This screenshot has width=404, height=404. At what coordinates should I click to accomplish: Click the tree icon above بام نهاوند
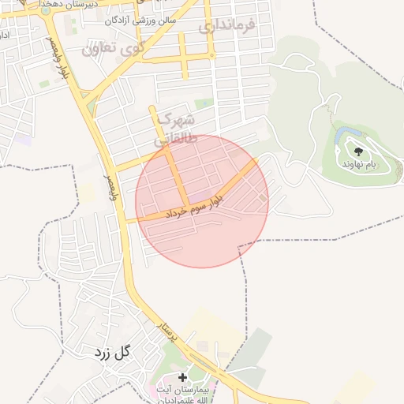[358, 151]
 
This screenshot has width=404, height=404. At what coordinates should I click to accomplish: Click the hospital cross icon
[183, 377]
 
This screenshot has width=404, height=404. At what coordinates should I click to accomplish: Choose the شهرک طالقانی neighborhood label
[172, 129]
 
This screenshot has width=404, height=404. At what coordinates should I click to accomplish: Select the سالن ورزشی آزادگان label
[144, 20]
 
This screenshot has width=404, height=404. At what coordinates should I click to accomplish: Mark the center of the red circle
[202, 201]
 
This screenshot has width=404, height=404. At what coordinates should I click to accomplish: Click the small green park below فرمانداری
[204, 103]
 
